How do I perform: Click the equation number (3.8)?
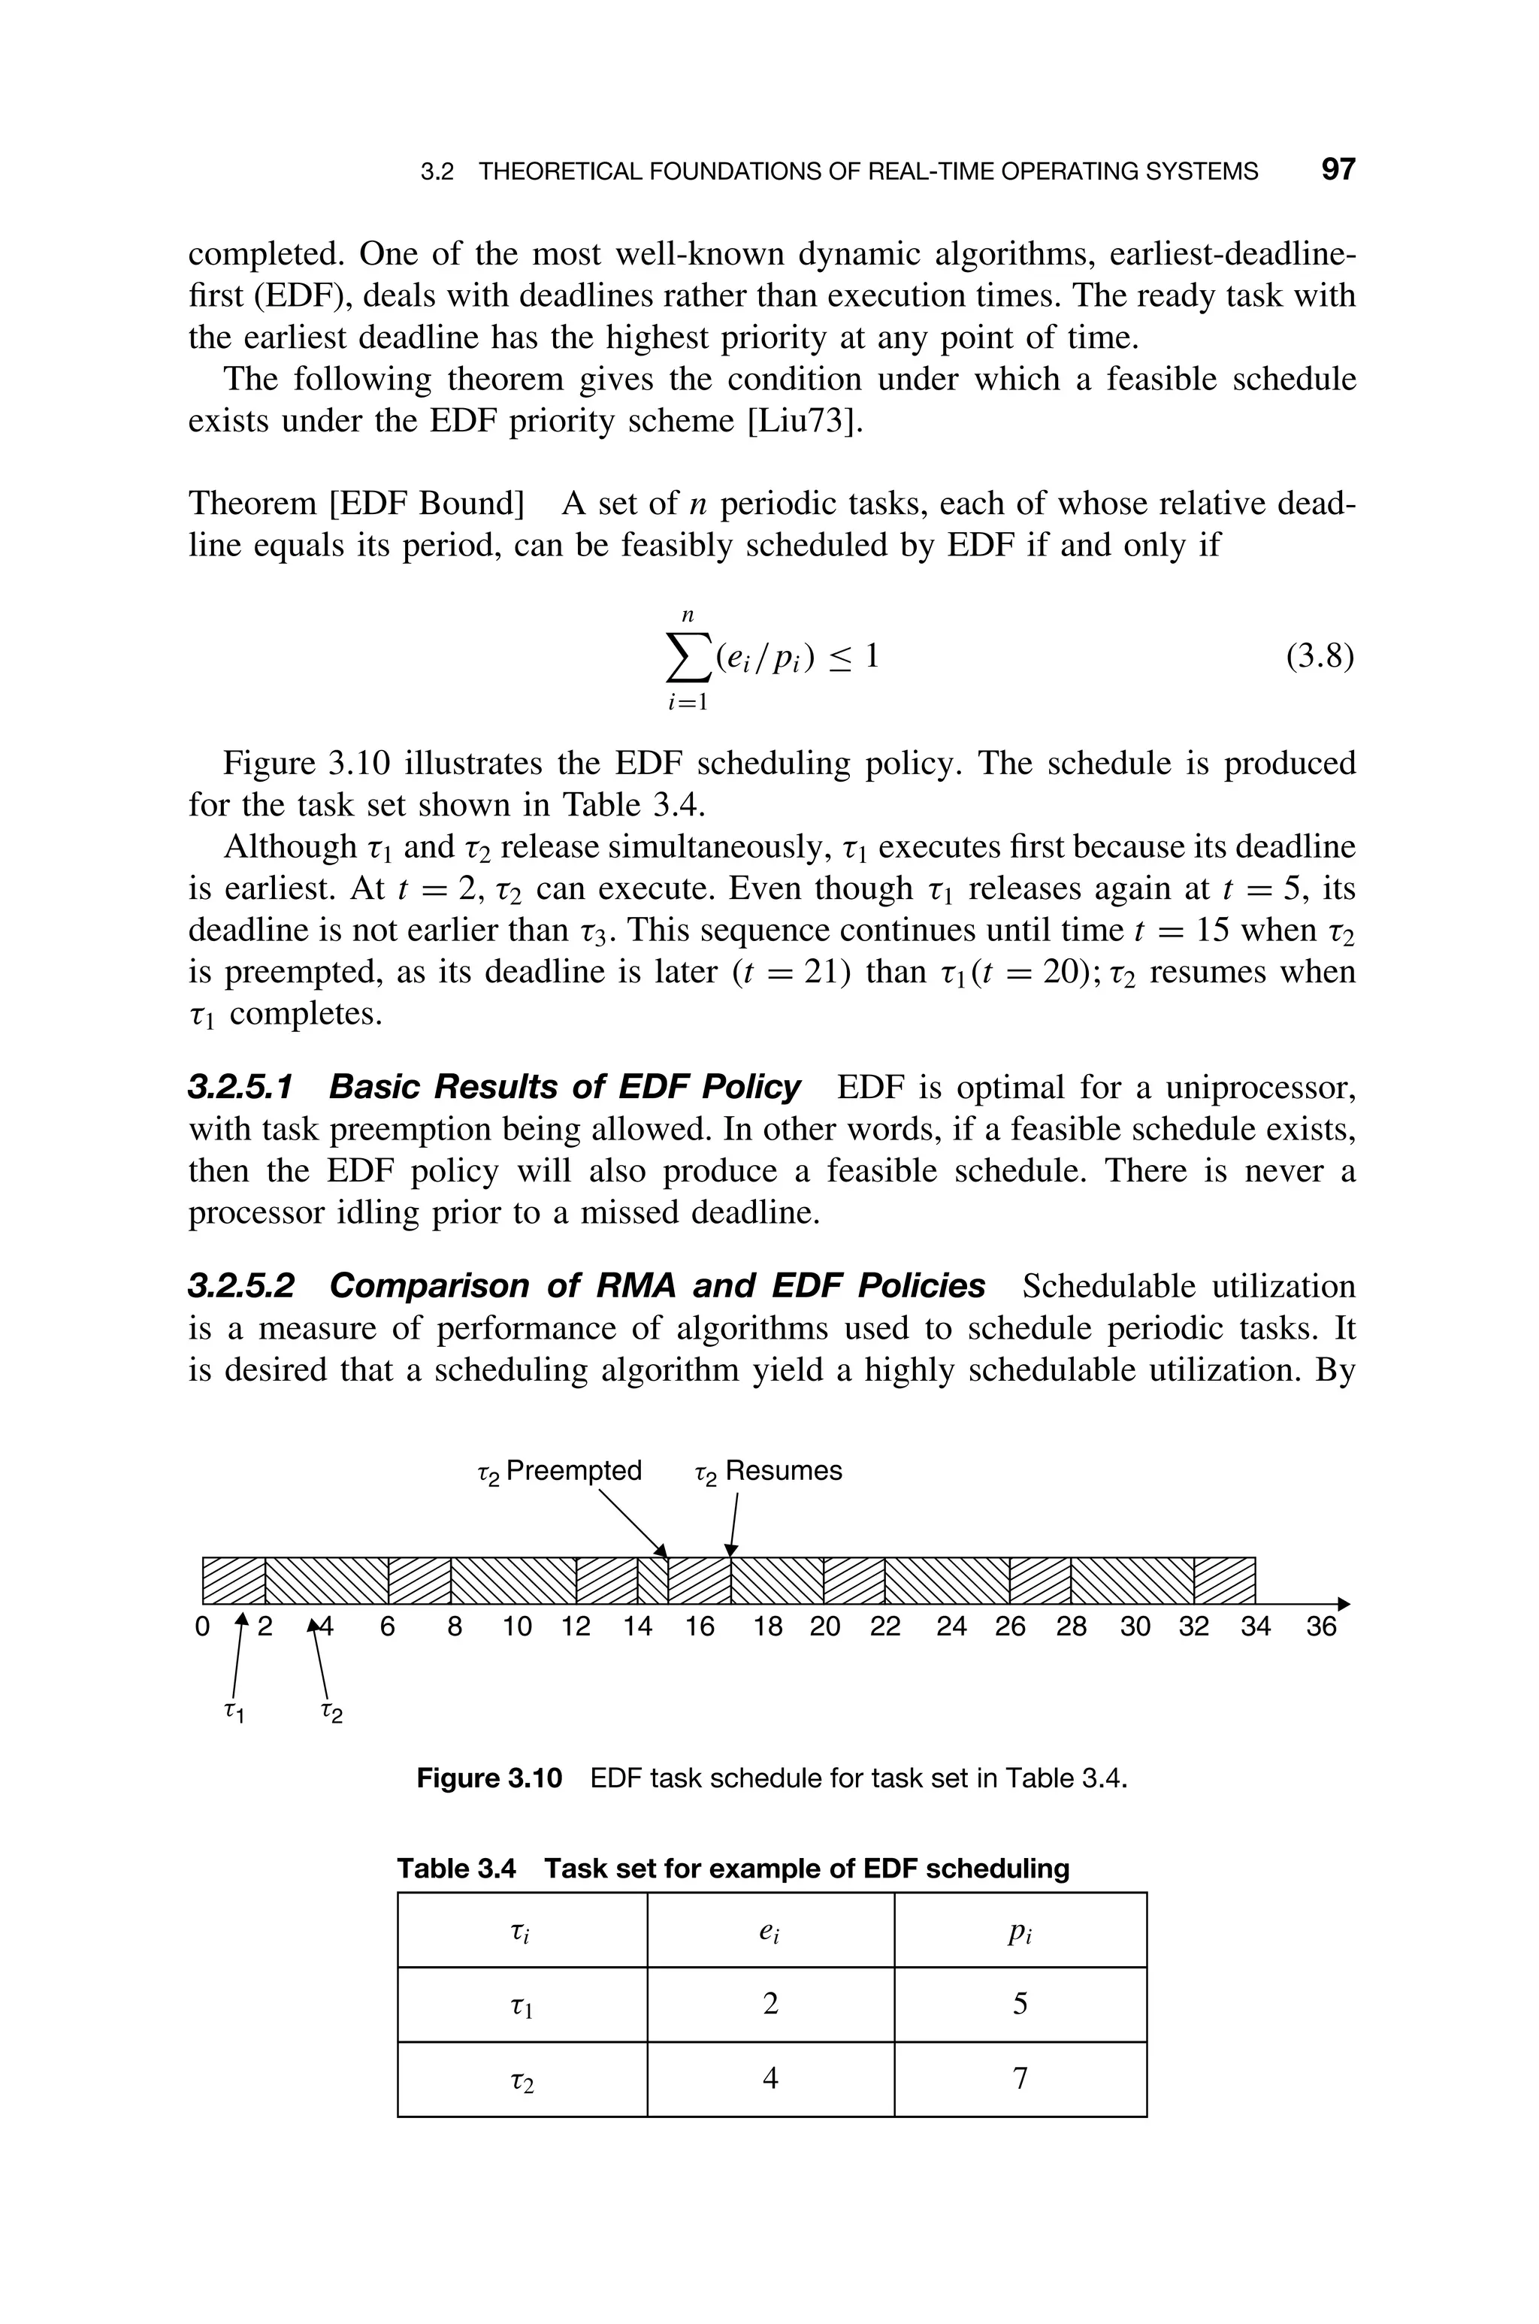1319,655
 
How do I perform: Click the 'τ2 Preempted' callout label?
558,1471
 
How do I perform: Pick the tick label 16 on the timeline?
699,1627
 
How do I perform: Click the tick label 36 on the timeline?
1321,1627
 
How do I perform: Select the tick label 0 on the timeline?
202,1627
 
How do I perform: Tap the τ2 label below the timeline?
331,1713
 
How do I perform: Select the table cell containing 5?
1020,2003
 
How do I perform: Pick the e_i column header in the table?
770,1930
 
